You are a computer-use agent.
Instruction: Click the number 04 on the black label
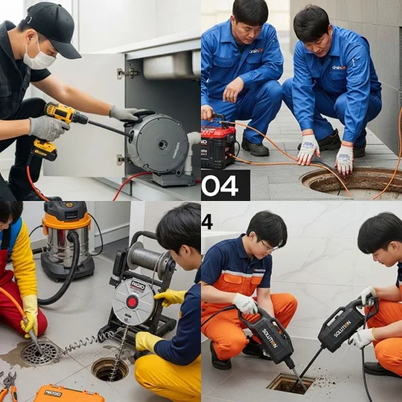click(x=221, y=185)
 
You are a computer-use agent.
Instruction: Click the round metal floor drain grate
click(x=40, y=352)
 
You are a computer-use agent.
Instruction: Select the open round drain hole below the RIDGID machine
click(x=109, y=369)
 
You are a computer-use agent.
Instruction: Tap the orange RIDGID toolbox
click(x=68, y=393)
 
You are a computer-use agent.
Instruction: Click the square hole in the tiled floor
click(x=291, y=383)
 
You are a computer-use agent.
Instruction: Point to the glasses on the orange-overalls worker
click(x=267, y=245)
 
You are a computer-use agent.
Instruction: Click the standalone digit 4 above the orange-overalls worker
click(x=207, y=222)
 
